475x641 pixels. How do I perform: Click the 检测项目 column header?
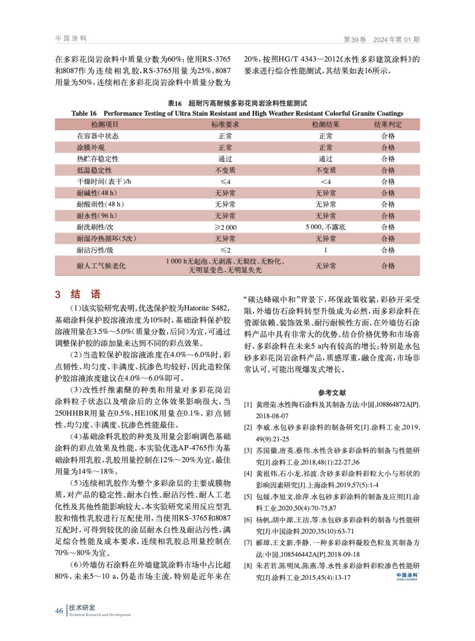tap(104, 125)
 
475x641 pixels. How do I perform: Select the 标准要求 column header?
tap(225, 125)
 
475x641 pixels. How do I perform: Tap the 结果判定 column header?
tap(388, 125)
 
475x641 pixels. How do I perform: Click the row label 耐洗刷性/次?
tap(95, 227)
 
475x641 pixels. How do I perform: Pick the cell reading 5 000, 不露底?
tap(325, 227)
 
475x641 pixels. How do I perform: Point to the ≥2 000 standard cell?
tap(225, 227)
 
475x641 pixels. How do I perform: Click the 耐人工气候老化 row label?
tap(101, 266)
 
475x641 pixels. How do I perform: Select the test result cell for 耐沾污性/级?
tap(325, 250)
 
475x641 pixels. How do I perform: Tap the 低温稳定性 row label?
tap(94, 170)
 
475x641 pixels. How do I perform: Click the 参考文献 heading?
tap(332, 393)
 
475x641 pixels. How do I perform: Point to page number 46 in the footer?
tap(59, 611)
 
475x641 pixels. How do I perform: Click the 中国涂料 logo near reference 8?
tap(407, 576)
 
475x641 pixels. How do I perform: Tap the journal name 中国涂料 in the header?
tap(71, 38)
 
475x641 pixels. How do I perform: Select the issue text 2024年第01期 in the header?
tap(396, 39)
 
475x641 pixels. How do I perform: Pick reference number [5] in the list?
tap(248, 497)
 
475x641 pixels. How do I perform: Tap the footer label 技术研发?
tap(82, 608)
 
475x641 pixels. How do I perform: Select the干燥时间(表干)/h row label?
tap(104, 181)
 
